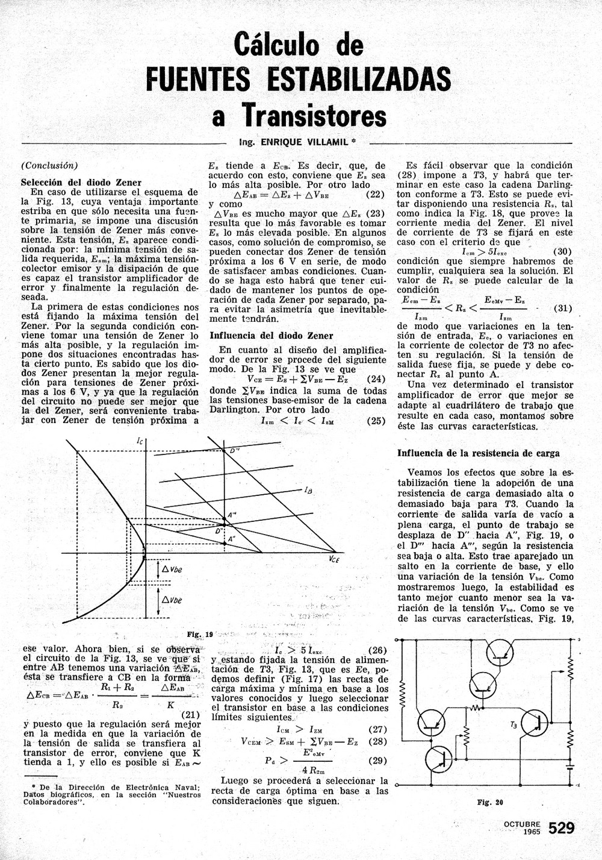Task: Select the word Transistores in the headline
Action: [314, 115]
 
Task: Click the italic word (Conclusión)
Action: [49, 166]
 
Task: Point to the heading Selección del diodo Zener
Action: [81, 183]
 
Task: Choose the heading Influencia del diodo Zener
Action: [271, 336]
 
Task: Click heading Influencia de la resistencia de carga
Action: [479, 453]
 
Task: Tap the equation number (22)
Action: [376, 195]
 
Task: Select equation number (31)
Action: [562, 308]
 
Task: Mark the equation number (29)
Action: [377, 761]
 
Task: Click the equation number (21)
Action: [191, 715]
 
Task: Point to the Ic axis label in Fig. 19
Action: [140, 442]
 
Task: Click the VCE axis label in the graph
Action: [335, 560]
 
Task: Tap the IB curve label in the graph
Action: [308, 490]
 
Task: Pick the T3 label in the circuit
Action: [513, 725]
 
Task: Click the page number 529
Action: [562, 828]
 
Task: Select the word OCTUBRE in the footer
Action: [523, 824]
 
